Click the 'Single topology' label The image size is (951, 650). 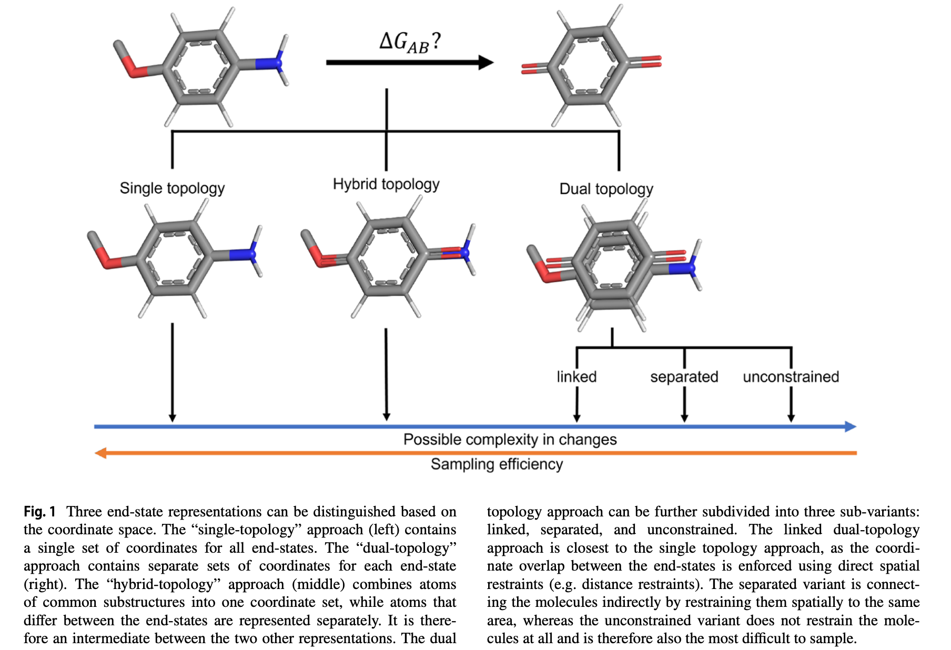(x=172, y=188)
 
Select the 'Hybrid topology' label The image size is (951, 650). (x=386, y=184)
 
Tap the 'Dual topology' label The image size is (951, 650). (x=606, y=189)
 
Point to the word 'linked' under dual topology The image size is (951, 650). (x=576, y=377)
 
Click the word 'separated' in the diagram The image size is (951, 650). (x=684, y=377)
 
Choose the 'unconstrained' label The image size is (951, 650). (x=791, y=377)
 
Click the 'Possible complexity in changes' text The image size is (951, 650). (x=510, y=439)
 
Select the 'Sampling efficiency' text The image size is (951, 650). (x=497, y=464)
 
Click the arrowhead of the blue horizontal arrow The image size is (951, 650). (x=850, y=426)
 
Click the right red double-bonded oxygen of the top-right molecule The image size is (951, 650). (x=650, y=62)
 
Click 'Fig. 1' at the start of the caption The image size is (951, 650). (x=39, y=511)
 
